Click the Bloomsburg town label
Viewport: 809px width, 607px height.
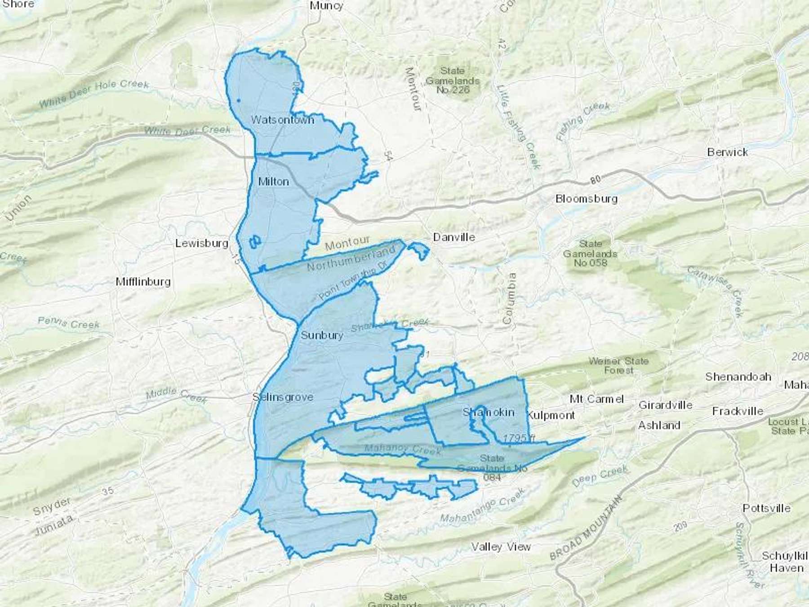tap(587, 199)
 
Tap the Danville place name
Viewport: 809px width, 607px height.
tap(454, 237)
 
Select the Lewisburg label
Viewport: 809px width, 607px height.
tap(202, 243)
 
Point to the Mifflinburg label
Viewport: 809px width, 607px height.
tap(143, 282)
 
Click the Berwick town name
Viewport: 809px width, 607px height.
tap(727, 152)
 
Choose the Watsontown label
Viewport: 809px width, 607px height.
tap(282, 120)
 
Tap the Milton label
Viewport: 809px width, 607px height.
tap(273, 182)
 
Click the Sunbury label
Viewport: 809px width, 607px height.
tap(322, 335)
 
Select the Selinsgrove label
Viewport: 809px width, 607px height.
tap(283, 397)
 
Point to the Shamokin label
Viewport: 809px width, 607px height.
tap(488, 412)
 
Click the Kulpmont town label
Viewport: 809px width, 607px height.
tap(551, 415)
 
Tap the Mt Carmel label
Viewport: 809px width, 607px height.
tap(596, 399)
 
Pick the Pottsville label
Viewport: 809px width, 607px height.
tap(766, 508)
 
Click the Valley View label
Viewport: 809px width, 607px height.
tap(501, 547)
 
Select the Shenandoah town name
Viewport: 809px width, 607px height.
tap(738, 377)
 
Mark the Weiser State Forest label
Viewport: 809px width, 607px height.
tap(618, 366)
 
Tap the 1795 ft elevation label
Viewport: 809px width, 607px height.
tap(519, 438)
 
